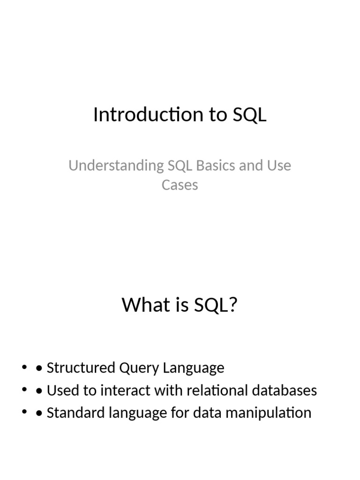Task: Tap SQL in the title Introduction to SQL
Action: pyautogui.click(x=249, y=115)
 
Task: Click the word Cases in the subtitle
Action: pyautogui.click(x=180, y=185)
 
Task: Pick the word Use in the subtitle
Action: pyautogui.click(x=279, y=165)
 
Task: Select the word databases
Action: pyautogui.click(x=282, y=390)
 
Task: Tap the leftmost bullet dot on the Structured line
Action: pyautogui.click(x=24, y=368)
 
